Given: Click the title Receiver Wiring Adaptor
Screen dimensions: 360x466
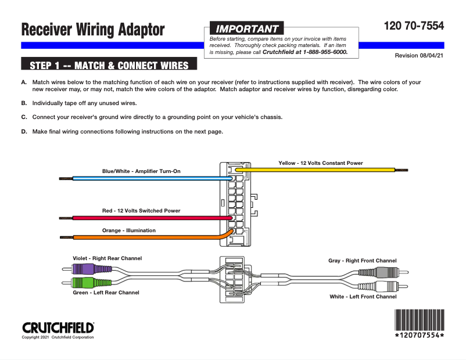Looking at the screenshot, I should click(93, 30).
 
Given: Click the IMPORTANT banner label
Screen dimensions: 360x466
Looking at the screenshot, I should click(247, 28).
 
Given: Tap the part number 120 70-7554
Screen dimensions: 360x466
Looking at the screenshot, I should click(414, 26).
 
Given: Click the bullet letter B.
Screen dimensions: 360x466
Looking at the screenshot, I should click(24, 103).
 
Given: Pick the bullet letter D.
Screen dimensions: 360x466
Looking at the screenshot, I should click(24, 131).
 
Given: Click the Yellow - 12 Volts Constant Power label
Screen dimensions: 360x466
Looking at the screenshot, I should click(321, 163).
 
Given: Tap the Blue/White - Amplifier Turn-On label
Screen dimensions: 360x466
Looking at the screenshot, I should click(141, 171).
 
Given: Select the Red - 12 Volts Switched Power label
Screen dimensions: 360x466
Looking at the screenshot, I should click(141, 211).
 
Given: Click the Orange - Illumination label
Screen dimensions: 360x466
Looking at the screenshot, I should click(129, 231).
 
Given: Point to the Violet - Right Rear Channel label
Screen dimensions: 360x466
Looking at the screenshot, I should click(107, 258).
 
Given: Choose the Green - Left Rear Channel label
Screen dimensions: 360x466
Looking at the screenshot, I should click(106, 293).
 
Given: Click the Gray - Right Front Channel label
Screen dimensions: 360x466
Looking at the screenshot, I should click(363, 261).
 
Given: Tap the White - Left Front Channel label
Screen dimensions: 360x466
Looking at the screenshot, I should click(363, 297).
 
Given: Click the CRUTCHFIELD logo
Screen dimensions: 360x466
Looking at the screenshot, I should click(58, 327).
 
